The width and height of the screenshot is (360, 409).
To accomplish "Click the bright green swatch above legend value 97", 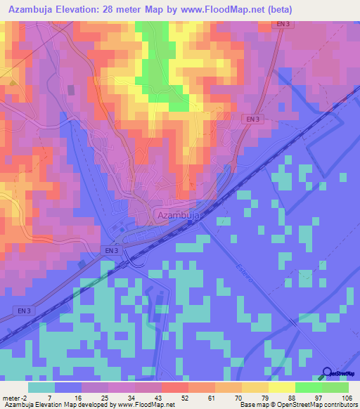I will click(x=308, y=387).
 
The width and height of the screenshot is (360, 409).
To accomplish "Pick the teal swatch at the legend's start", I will click(x=41, y=387).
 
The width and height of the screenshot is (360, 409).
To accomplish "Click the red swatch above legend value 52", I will click(x=174, y=387).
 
